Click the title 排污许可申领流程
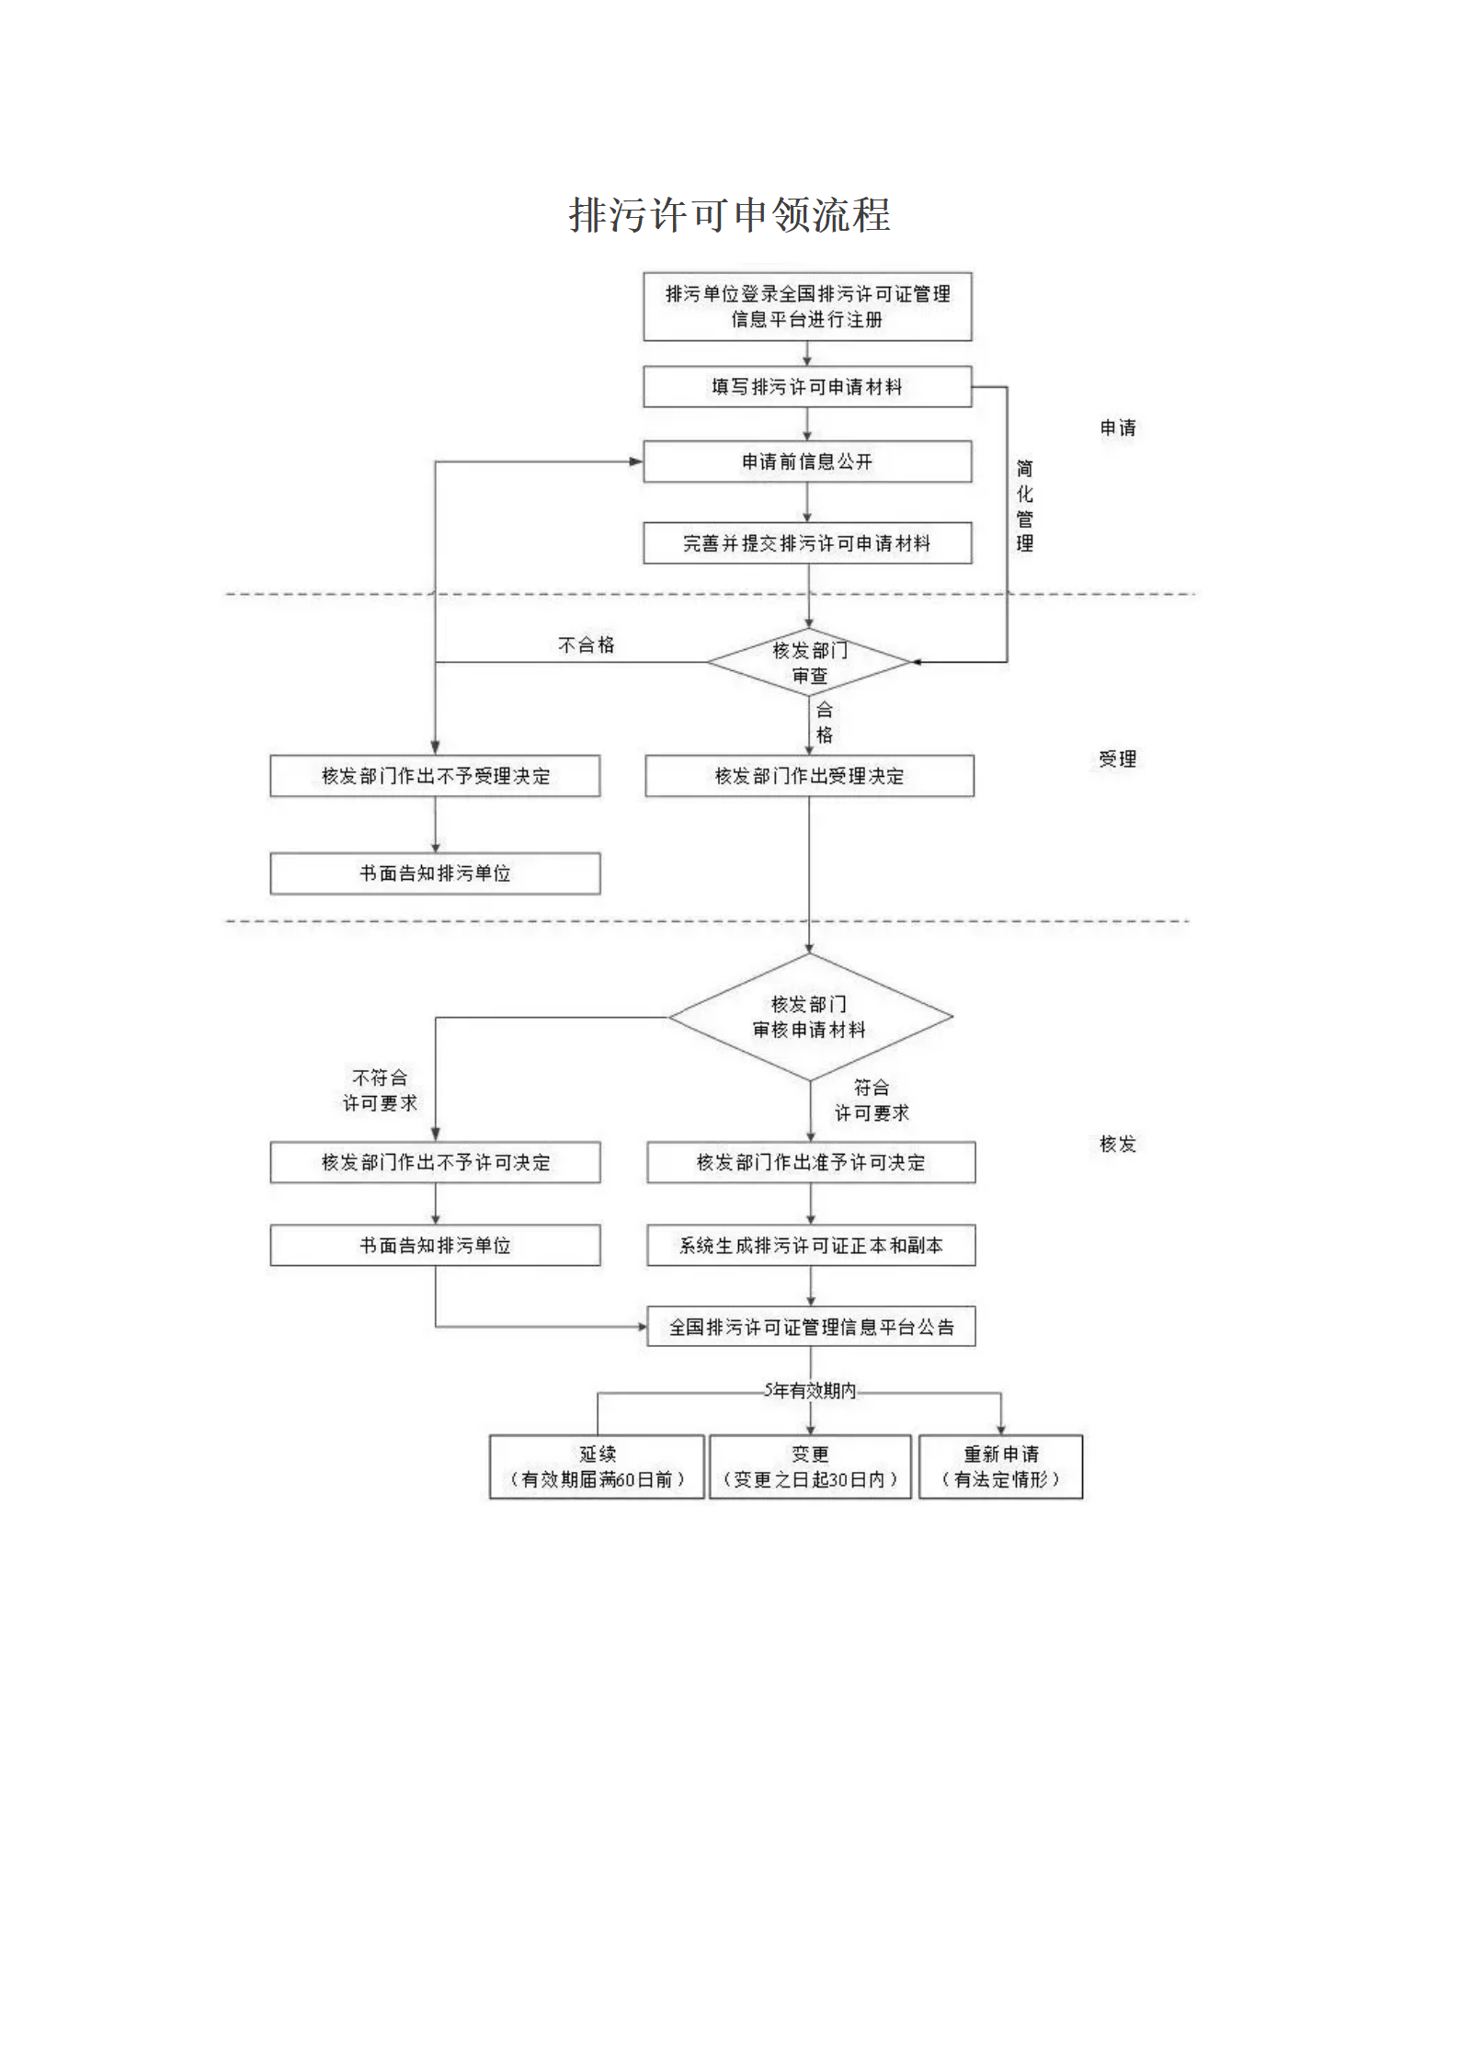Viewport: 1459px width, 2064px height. [x=729, y=215]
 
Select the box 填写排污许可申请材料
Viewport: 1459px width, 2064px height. [x=806, y=387]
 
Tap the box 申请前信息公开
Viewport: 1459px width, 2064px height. [x=806, y=462]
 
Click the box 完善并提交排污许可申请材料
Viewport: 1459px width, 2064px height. [x=806, y=543]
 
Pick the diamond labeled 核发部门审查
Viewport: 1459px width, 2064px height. [x=808, y=662]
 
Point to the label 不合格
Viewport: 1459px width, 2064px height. [x=586, y=645]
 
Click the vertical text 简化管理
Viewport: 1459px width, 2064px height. [x=1024, y=506]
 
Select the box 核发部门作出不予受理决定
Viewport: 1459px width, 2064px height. [x=435, y=776]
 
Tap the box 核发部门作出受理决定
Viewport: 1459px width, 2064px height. [x=808, y=776]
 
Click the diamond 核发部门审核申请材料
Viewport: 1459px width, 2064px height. [x=809, y=1017]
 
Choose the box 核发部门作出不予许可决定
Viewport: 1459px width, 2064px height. [x=435, y=1162]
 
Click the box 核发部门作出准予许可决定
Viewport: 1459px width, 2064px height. [x=810, y=1162]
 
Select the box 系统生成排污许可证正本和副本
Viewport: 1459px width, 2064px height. [x=810, y=1245]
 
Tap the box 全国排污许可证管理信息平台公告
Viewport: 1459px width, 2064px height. [x=810, y=1327]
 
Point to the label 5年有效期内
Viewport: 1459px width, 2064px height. [x=809, y=1390]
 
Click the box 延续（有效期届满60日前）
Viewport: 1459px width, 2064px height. [x=597, y=1466]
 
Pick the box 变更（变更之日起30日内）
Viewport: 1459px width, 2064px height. [x=809, y=1466]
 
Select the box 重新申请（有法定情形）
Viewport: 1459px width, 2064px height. [x=1000, y=1466]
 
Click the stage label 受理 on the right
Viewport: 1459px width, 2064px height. [x=1117, y=758]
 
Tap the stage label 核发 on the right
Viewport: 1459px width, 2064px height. [x=1117, y=1144]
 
